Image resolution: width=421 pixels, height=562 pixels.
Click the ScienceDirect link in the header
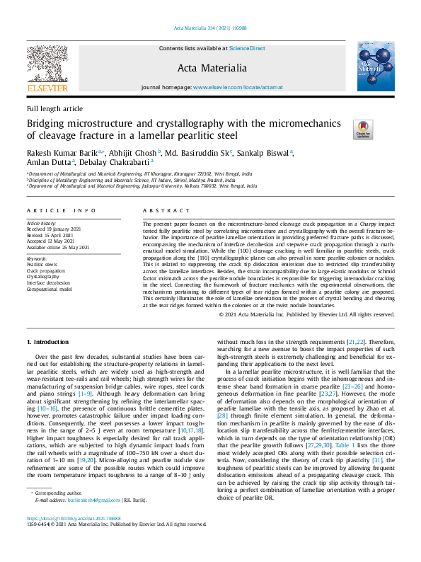click(x=247, y=48)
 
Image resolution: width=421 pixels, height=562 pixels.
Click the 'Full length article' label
click(x=54, y=109)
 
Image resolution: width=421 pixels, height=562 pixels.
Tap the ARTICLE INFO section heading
click(x=62, y=211)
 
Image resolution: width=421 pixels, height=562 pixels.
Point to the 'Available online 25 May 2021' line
click(x=58, y=248)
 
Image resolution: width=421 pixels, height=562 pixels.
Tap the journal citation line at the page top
click(x=210, y=28)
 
